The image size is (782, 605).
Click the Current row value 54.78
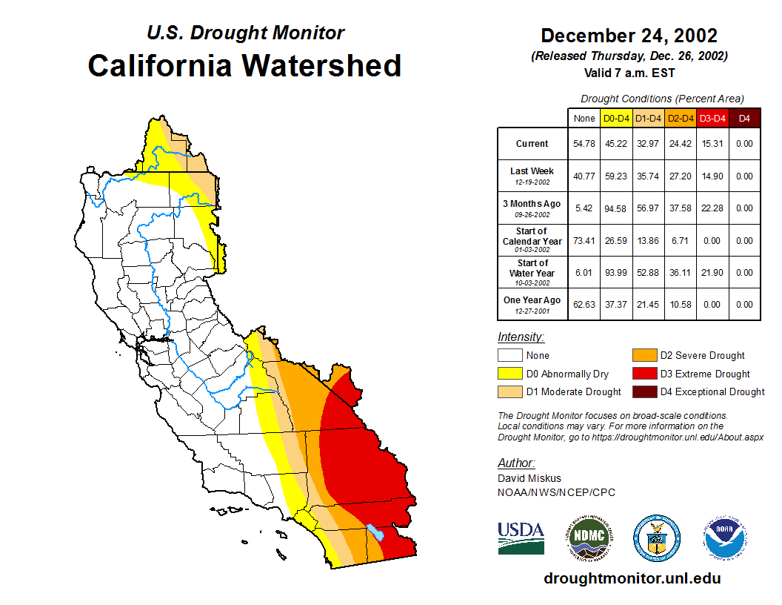[584, 144]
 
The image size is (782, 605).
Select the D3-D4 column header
[712, 118]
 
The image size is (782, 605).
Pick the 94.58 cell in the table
[617, 208]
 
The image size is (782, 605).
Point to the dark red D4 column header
[744, 118]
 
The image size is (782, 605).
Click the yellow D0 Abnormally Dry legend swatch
[509, 374]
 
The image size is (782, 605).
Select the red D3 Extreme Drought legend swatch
[644, 374]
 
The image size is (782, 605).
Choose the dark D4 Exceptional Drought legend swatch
[644, 391]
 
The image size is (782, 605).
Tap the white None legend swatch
[509, 356]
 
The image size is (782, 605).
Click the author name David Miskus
[528, 478]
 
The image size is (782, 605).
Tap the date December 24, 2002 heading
[629, 36]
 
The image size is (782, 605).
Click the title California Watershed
[244, 65]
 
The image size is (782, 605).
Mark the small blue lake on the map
[375, 532]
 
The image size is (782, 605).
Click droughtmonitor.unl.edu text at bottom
[632, 578]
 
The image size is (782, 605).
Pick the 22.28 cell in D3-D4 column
[712, 208]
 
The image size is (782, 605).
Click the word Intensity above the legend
[521, 337]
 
